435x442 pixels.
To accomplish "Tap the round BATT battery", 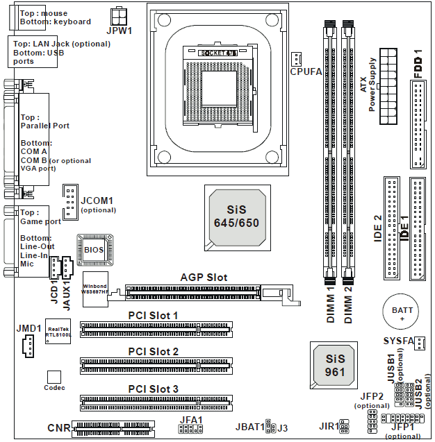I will click(x=402, y=312).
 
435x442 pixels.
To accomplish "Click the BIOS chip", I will click(x=94, y=248).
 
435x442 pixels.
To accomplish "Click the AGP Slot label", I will click(x=203, y=277).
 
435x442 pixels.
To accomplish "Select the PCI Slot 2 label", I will click(x=153, y=351).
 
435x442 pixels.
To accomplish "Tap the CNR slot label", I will click(x=58, y=428).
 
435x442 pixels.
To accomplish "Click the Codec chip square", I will click(x=55, y=377).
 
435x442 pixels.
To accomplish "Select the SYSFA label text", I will click(x=398, y=341).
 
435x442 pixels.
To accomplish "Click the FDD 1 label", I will click(x=418, y=63).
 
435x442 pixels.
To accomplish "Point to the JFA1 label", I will click(x=190, y=420).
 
